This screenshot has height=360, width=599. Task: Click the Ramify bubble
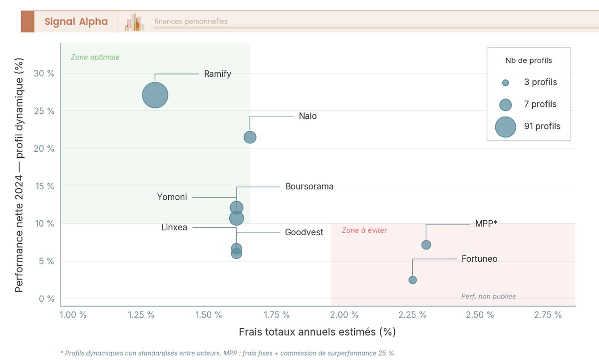(x=155, y=95)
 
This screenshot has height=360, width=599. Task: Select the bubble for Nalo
(x=250, y=137)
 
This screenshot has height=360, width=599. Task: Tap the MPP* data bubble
(x=426, y=245)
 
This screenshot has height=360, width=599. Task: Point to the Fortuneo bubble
(x=412, y=280)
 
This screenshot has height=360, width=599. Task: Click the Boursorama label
(x=309, y=187)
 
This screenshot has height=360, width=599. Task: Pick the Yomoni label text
(x=172, y=197)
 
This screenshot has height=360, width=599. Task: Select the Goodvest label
(x=304, y=232)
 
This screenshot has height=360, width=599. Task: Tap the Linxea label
(x=174, y=227)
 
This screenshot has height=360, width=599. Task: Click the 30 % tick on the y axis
(x=44, y=73)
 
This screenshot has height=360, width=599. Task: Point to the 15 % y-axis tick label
(x=44, y=186)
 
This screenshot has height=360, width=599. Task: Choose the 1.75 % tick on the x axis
(x=276, y=315)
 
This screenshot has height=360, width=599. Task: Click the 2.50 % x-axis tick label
(x=480, y=315)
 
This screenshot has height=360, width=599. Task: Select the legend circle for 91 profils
(x=505, y=126)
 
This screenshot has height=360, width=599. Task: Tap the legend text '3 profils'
(x=540, y=82)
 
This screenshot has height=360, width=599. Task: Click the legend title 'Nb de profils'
(x=529, y=60)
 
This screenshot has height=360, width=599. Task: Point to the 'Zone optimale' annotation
(x=95, y=57)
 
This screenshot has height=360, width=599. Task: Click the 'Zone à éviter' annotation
(x=364, y=230)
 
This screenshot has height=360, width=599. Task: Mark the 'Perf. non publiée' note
(x=488, y=296)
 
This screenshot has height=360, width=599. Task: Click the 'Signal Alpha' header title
(x=76, y=21)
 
